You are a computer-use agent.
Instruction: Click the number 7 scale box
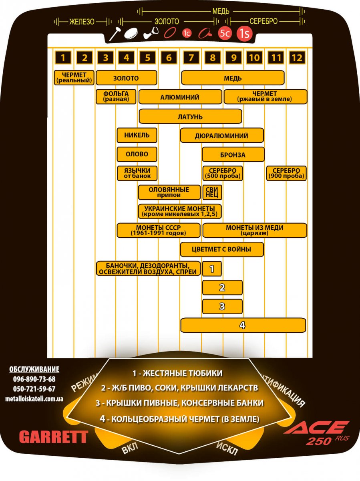click(x=191, y=58)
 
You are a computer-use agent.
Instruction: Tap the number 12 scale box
click(x=297, y=58)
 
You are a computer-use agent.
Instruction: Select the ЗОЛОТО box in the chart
click(x=126, y=78)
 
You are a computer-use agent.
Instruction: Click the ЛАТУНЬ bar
click(x=190, y=116)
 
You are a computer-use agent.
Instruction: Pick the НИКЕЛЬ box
click(x=137, y=135)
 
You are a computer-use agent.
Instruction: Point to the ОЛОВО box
click(x=137, y=154)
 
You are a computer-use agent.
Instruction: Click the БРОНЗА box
click(x=233, y=154)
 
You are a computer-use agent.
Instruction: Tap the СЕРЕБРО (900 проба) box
click(x=286, y=173)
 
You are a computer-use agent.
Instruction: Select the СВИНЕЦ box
click(x=212, y=192)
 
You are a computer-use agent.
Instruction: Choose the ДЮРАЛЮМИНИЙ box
click(x=222, y=135)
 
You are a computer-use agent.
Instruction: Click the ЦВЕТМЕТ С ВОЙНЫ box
click(x=222, y=249)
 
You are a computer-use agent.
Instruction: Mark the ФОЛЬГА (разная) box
click(x=116, y=97)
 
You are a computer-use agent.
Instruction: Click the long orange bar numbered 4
click(x=243, y=325)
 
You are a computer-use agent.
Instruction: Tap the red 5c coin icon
click(x=225, y=33)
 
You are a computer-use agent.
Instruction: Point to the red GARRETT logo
click(x=54, y=437)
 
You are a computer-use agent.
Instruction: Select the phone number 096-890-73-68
click(x=34, y=379)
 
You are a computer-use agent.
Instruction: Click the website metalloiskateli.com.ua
click(x=34, y=398)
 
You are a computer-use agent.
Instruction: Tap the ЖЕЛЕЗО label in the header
click(x=82, y=22)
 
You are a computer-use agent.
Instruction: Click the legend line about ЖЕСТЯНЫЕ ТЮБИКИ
click(x=177, y=373)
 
